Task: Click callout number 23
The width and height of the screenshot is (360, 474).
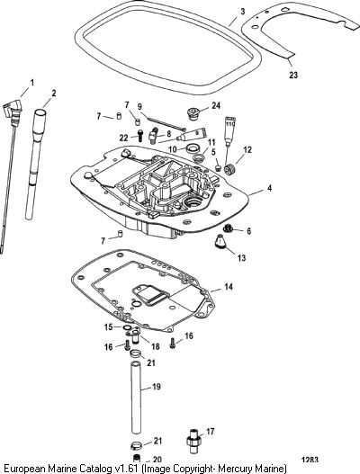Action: (293, 75)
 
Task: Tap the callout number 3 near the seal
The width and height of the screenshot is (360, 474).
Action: (243, 12)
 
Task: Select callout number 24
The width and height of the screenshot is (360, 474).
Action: (216, 105)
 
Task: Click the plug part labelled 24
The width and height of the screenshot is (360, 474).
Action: (192, 112)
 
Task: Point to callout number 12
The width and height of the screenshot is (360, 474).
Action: (247, 150)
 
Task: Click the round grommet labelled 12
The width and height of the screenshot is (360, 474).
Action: (229, 169)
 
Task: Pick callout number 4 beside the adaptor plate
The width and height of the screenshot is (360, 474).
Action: (269, 188)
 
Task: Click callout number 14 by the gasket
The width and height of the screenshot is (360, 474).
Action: (229, 287)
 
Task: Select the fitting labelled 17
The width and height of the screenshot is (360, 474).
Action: (193, 441)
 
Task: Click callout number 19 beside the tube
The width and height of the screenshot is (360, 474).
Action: (156, 387)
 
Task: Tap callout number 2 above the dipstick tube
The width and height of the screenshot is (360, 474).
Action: (53, 94)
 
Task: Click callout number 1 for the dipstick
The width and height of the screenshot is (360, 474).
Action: (31, 82)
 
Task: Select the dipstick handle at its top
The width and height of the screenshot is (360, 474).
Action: (13, 111)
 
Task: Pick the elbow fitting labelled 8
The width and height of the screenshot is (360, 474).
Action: (154, 133)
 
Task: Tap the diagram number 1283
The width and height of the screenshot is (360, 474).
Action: (310, 461)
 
